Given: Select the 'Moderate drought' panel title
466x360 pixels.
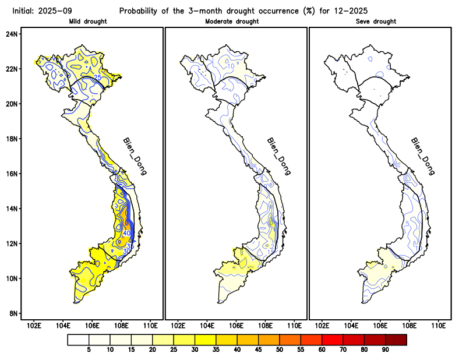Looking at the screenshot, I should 232,22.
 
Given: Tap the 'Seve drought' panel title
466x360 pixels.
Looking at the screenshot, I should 376,22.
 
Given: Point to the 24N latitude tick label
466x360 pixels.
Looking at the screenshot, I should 12,34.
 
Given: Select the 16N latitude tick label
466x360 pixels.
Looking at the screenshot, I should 12,174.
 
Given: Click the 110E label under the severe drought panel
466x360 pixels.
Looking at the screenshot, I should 437,325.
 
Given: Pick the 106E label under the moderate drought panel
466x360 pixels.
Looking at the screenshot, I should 235,325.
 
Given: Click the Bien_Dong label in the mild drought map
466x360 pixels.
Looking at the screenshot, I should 135,157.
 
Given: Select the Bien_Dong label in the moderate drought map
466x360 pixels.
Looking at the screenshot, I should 278,157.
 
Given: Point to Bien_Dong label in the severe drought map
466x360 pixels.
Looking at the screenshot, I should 422,157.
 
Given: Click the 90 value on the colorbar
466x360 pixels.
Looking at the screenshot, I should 385,350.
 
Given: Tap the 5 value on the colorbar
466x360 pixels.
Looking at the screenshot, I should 89,350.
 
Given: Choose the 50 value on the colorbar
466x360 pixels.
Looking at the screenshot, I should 279,350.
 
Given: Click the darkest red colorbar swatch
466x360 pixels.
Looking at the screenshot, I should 396,339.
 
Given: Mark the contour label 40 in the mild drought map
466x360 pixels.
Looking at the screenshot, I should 126,233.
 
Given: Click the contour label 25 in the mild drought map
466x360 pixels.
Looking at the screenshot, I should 98,78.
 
